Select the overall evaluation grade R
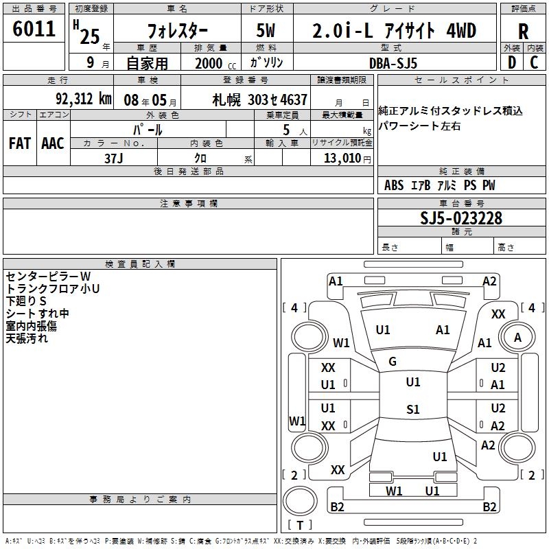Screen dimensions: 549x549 click(523, 32)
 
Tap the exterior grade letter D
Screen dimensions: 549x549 click(511, 62)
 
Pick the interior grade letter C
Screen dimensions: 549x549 click(534, 62)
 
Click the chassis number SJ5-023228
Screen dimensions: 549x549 click(461, 218)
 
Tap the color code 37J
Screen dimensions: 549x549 click(114, 158)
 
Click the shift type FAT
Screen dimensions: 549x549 click(19, 143)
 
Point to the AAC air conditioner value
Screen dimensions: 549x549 click(53, 143)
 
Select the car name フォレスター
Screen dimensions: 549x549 click(175, 32)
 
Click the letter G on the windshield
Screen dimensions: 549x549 click(393, 362)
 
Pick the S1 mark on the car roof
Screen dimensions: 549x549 click(412, 410)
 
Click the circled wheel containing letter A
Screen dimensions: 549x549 click(517, 337)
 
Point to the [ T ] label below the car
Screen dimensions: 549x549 click(300, 526)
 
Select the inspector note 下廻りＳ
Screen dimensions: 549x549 click(26, 301)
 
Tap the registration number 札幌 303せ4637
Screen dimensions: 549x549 click(260, 99)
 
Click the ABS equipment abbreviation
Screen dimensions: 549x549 click(394, 185)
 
